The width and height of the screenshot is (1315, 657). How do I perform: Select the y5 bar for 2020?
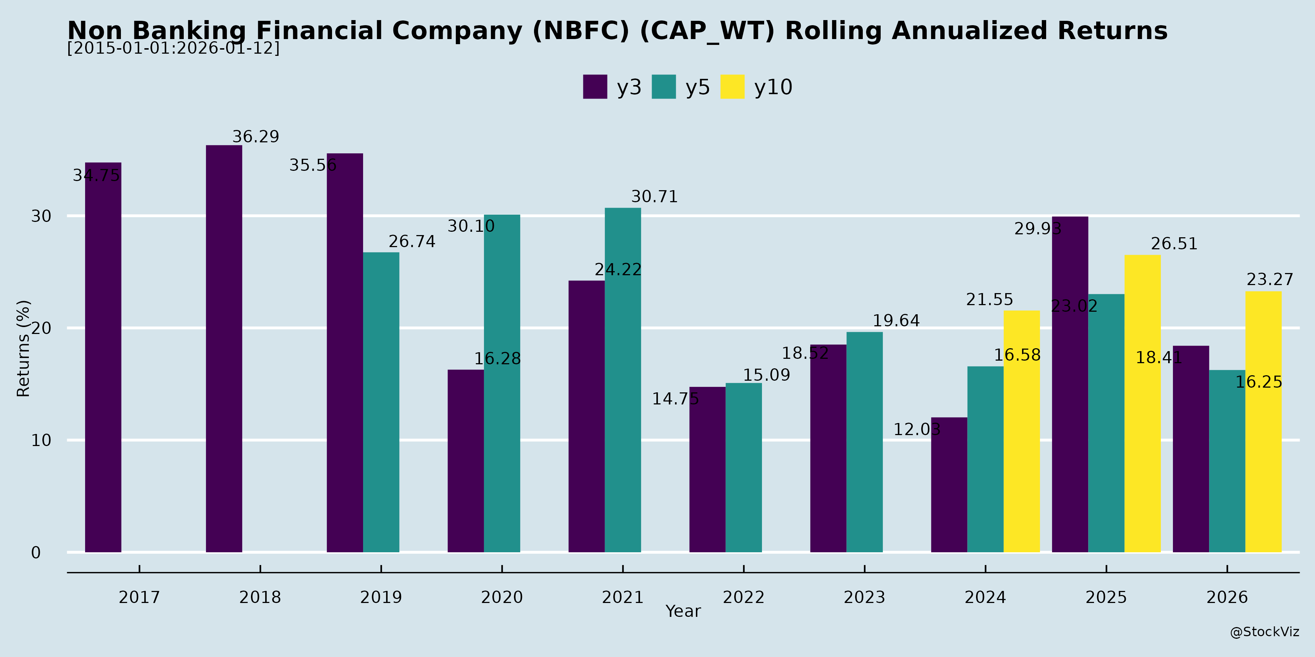tap(502, 383)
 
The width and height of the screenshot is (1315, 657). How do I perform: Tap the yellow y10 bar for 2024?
tap(1021, 431)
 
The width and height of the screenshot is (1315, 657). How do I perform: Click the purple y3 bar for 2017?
tap(103, 357)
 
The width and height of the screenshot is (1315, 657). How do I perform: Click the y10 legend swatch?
tap(732, 87)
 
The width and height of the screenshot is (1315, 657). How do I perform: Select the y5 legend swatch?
tap(664, 87)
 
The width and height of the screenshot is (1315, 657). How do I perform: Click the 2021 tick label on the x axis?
tap(623, 597)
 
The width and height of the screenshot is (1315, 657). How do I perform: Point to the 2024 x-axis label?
tap(985, 597)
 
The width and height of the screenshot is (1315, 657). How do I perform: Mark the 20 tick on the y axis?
tap(41, 328)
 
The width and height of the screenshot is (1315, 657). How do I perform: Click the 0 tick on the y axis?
tap(36, 553)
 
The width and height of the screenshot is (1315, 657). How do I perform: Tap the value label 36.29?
tap(256, 137)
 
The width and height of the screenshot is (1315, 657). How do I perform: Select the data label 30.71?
tap(655, 197)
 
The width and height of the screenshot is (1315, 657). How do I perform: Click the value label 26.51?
tap(1174, 244)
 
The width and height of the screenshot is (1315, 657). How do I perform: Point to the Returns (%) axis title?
tap(23, 349)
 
